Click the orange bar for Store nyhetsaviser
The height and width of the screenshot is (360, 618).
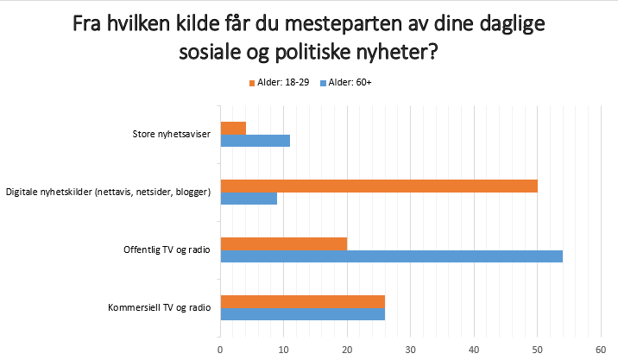click(233, 129)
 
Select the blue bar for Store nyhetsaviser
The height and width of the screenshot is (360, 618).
click(255, 141)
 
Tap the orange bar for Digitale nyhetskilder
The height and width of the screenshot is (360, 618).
click(379, 186)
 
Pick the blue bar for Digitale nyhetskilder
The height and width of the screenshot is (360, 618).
click(249, 199)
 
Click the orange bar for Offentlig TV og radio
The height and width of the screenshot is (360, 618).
click(284, 244)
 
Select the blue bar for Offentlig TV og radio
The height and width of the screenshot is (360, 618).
click(392, 256)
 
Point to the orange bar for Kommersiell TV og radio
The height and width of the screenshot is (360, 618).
click(303, 301)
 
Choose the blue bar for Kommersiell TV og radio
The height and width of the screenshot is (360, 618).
click(303, 314)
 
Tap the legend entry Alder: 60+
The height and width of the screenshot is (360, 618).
click(347, 83)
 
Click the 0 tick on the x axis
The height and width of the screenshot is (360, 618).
click(221, 349)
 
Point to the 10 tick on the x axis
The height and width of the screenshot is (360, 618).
click(284, 349)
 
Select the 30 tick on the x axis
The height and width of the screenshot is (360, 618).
click(411, 349)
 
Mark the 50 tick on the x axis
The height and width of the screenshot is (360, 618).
click(537, 349)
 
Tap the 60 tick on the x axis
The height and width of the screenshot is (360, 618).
click(601, 349)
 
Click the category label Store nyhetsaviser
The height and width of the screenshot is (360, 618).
click(171, 135)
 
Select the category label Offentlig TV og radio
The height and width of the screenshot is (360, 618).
click(167, 250)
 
